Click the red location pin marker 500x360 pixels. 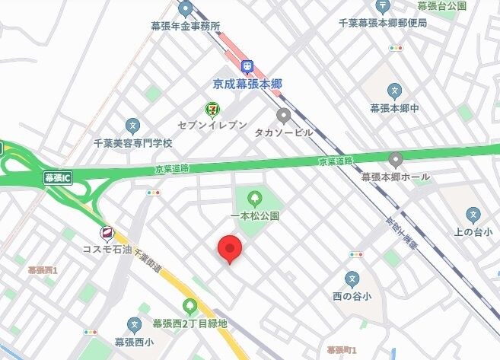point(230,248)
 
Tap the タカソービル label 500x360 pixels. point(284,132)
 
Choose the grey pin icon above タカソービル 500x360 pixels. point(284,116)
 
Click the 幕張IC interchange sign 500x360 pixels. point(57,178)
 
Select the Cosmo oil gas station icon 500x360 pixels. point(108,233)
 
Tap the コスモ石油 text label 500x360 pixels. point(107,249)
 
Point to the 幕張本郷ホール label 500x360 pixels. point(395,177)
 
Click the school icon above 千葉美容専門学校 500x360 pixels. point(132,126)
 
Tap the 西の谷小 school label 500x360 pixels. point(351,295)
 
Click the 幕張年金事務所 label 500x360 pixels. point(186,25)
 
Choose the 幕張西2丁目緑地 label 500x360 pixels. point(189,323)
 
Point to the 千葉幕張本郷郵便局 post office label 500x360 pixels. point(383,23)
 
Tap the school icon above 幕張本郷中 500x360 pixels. point(393,91)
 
